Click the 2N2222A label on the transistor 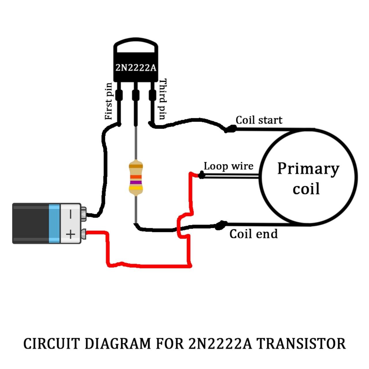(135, 68)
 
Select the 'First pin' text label (109, 101)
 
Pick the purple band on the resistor (135, 182)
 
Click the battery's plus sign (70, 234)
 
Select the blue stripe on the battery (54, 223)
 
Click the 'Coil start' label (259, 120)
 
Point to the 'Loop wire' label (229, 166)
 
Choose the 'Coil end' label (253, 234)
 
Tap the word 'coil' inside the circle (306, 189)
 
